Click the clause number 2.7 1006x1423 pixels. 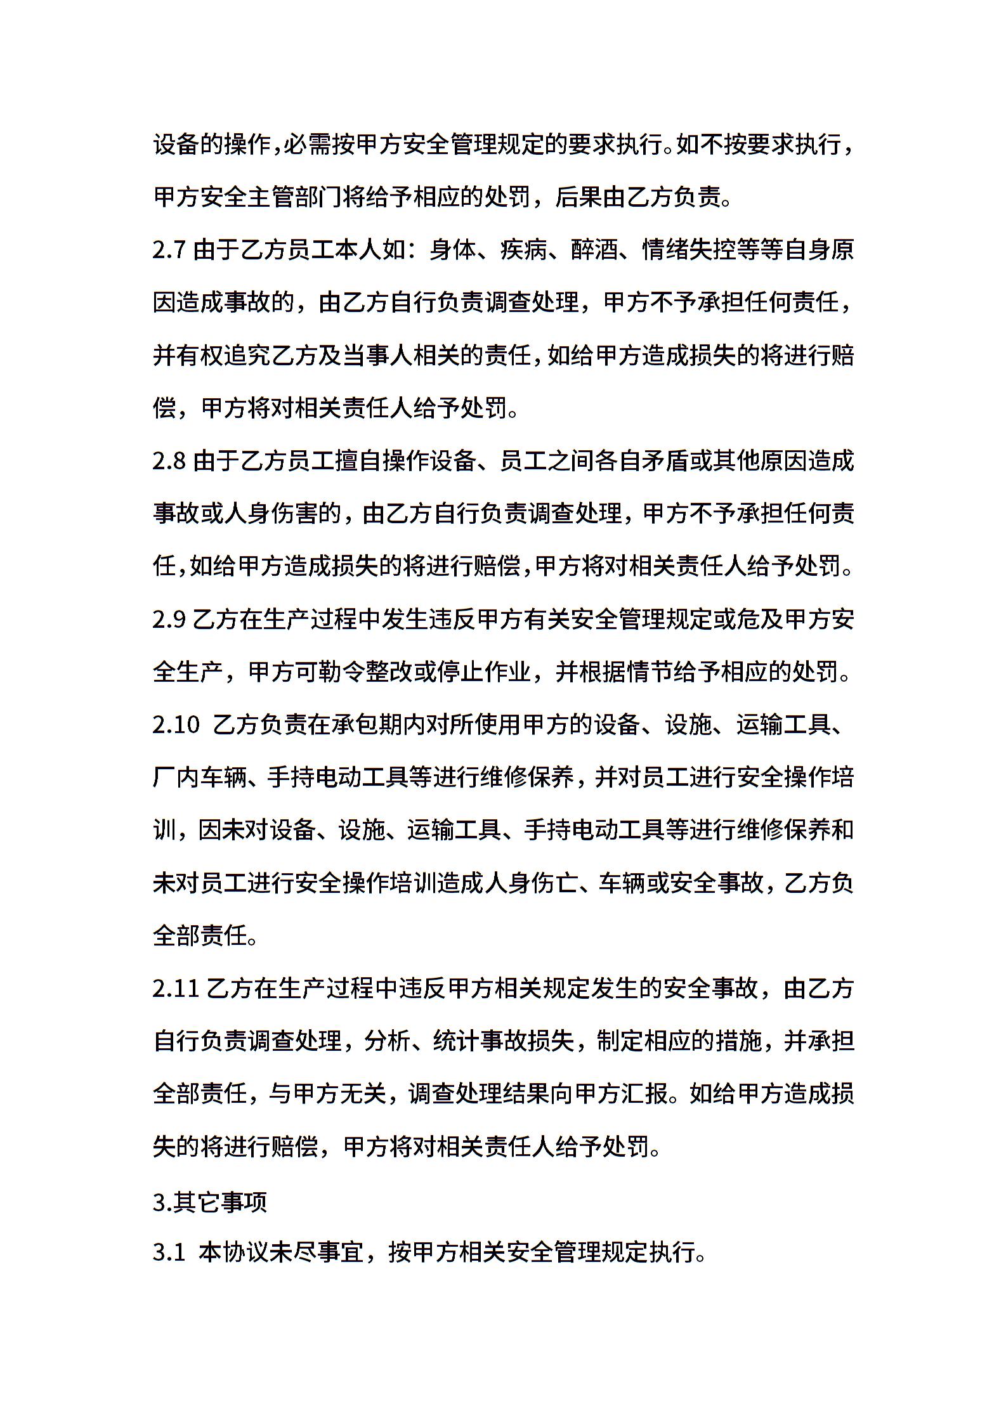click(x=169, y=250)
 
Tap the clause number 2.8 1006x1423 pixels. click(x=169, y=460)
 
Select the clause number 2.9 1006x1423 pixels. click(x=169, y=618)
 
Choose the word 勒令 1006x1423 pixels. click(x=342, y=672)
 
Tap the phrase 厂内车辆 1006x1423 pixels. click(x=199, y=777)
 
